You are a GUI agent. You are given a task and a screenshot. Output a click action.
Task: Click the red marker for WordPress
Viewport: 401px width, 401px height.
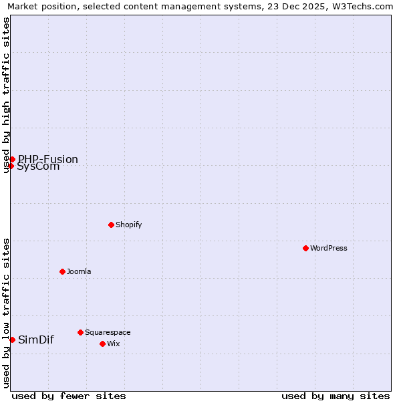tap(305, 248)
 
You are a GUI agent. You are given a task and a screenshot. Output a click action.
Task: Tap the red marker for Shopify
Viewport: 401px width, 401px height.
tap(111, 225)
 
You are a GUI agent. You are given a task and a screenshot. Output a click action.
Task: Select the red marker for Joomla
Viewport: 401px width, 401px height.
tap(62, 271)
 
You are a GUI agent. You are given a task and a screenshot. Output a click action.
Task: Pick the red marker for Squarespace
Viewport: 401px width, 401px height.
tap(80, 332)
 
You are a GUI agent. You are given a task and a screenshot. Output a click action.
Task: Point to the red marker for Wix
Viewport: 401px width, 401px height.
tap(102, 344)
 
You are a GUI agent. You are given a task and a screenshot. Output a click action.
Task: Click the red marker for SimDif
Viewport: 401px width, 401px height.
tap(12, 340)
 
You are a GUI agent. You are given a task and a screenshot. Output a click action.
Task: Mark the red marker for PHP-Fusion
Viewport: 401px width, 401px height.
tap(12, 159)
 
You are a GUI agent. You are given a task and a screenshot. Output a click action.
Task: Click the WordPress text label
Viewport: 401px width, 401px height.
tap(329, 248)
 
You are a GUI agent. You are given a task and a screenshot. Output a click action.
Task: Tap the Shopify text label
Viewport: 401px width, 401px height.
tap(129, 225)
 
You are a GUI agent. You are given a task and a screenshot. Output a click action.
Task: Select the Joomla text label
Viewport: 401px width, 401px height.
tap(79, 271)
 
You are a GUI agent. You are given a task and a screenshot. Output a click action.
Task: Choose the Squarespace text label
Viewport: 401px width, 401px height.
tap(108, 332)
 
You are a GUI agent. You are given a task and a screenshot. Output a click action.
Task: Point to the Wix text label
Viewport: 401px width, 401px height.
tap(113, 344)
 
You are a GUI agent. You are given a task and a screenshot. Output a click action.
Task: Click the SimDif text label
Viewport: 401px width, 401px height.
tap(36, 340)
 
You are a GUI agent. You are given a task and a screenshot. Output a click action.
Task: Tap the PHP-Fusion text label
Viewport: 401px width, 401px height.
tap(48, 159)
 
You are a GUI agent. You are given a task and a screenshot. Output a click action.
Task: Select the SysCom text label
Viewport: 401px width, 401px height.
tap(38, 166)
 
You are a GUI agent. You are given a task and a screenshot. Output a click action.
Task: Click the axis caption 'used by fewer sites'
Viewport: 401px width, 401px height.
tap(69, 396)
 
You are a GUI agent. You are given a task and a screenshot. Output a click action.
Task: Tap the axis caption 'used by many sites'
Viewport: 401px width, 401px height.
tap(336, 396)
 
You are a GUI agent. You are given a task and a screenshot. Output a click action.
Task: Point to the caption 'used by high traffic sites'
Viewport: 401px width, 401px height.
tap(7, 95)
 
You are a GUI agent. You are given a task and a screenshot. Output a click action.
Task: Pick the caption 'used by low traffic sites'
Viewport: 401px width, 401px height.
tap(7, 313)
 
